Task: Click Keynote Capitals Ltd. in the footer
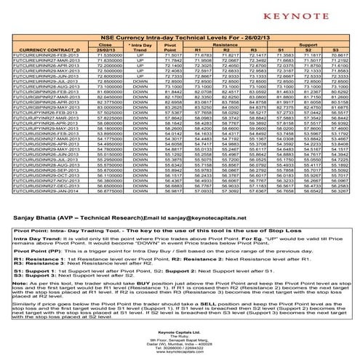180,329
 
